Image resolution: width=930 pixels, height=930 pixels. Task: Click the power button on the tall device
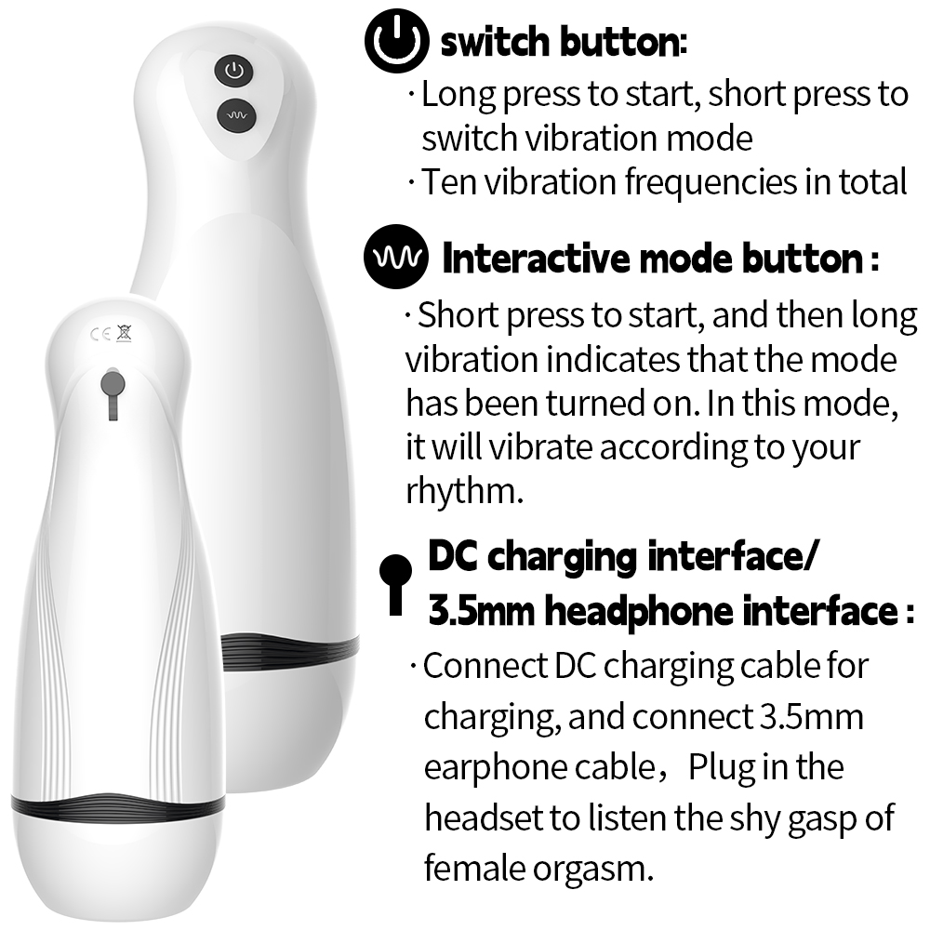(233, 72)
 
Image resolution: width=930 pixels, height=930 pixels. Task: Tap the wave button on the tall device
(236, 115)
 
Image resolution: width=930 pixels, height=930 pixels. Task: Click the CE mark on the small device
(100, 334)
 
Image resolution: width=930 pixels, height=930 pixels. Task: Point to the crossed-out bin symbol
(124, 333)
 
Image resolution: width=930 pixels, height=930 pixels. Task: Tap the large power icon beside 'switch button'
(396, 41)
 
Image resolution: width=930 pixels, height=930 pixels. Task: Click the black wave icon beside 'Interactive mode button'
(396, 257)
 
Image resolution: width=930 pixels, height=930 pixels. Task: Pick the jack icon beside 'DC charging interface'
(395, 584)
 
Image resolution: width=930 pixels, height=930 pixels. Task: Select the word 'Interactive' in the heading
(537, 259)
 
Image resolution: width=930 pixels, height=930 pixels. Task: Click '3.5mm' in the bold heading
(481, 611)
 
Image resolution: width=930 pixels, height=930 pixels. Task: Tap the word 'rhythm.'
(464, 490)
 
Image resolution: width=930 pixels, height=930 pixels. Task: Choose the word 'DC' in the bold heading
(453, 556)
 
